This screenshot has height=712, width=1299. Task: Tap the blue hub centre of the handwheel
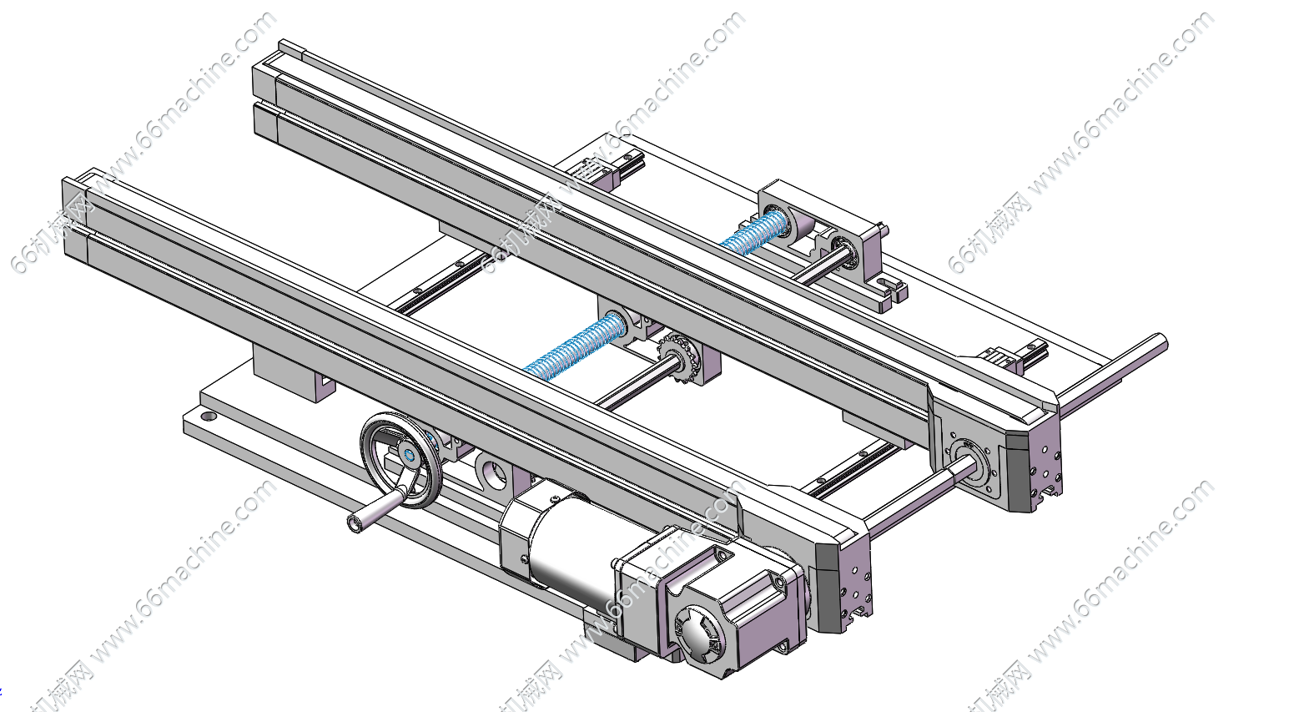pyautogui.click(x=409, y=455)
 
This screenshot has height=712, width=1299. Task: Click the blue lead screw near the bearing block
pyautogui.click(x=755, y=230)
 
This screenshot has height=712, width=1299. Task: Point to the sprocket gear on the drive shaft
pyautogui.click(x=677, y=354)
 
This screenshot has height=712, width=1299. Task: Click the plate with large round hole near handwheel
pyautogui.click(x=493, y=473)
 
